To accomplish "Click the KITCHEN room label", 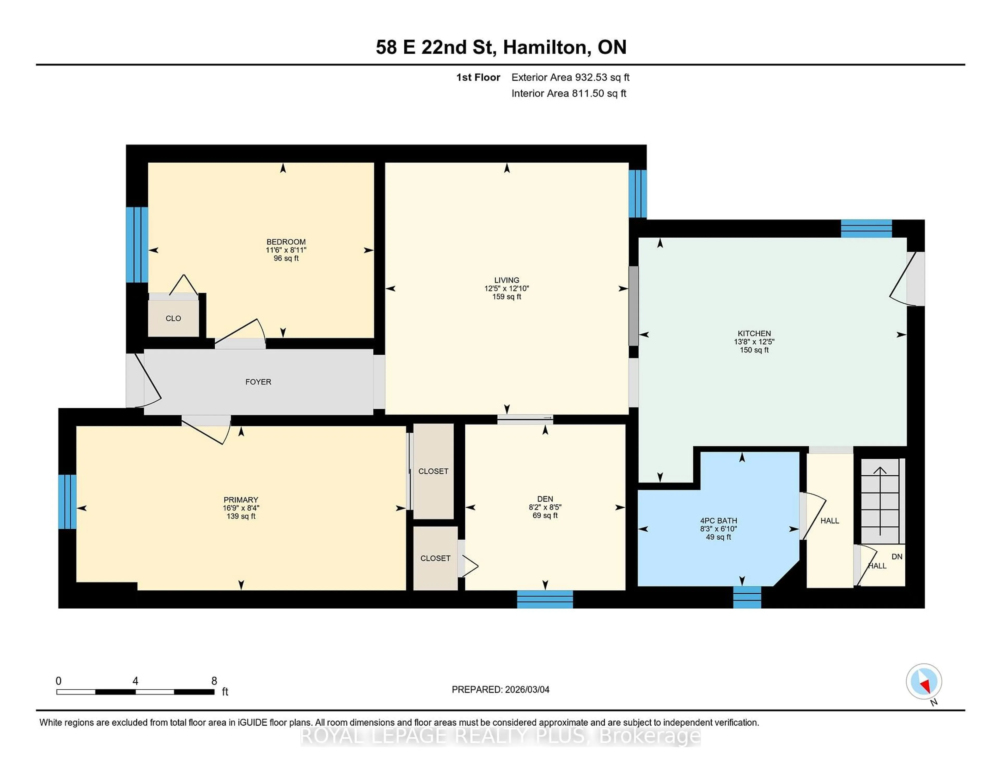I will (754, 333).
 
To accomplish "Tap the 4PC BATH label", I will (718, 520).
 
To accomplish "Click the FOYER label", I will (258, 382).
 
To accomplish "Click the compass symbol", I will (924, 681).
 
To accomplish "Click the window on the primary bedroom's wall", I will (67, 501).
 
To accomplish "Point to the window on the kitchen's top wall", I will (866, 228).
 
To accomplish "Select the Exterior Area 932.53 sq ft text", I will (570, 77).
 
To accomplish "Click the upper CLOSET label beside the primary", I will (433, 471).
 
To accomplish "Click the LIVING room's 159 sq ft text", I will (506, 296).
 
